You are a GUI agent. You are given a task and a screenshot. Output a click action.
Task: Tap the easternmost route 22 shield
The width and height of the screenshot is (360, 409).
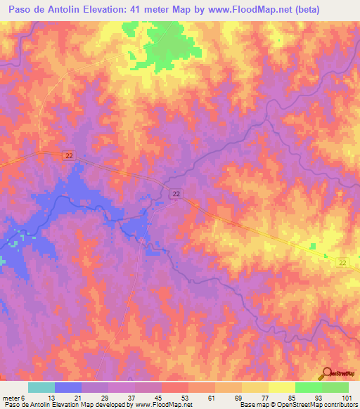(342, 262)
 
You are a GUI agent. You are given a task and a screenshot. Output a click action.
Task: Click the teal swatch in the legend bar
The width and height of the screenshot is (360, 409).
(41, 387)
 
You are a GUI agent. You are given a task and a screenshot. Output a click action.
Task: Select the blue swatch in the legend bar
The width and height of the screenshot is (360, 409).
(68, 387)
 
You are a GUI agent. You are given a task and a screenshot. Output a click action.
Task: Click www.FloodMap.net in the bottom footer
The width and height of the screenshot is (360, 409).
(159, 405)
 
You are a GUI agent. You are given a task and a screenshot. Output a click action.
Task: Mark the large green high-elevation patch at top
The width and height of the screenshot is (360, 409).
(169, 46)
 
